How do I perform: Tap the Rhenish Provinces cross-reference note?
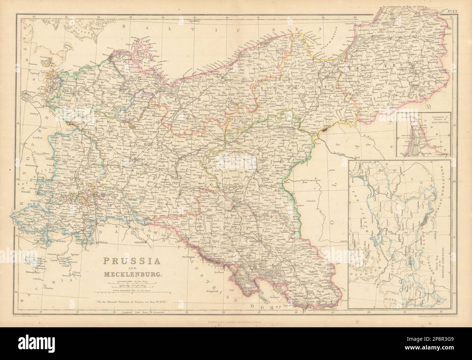[x=136, y=302]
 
